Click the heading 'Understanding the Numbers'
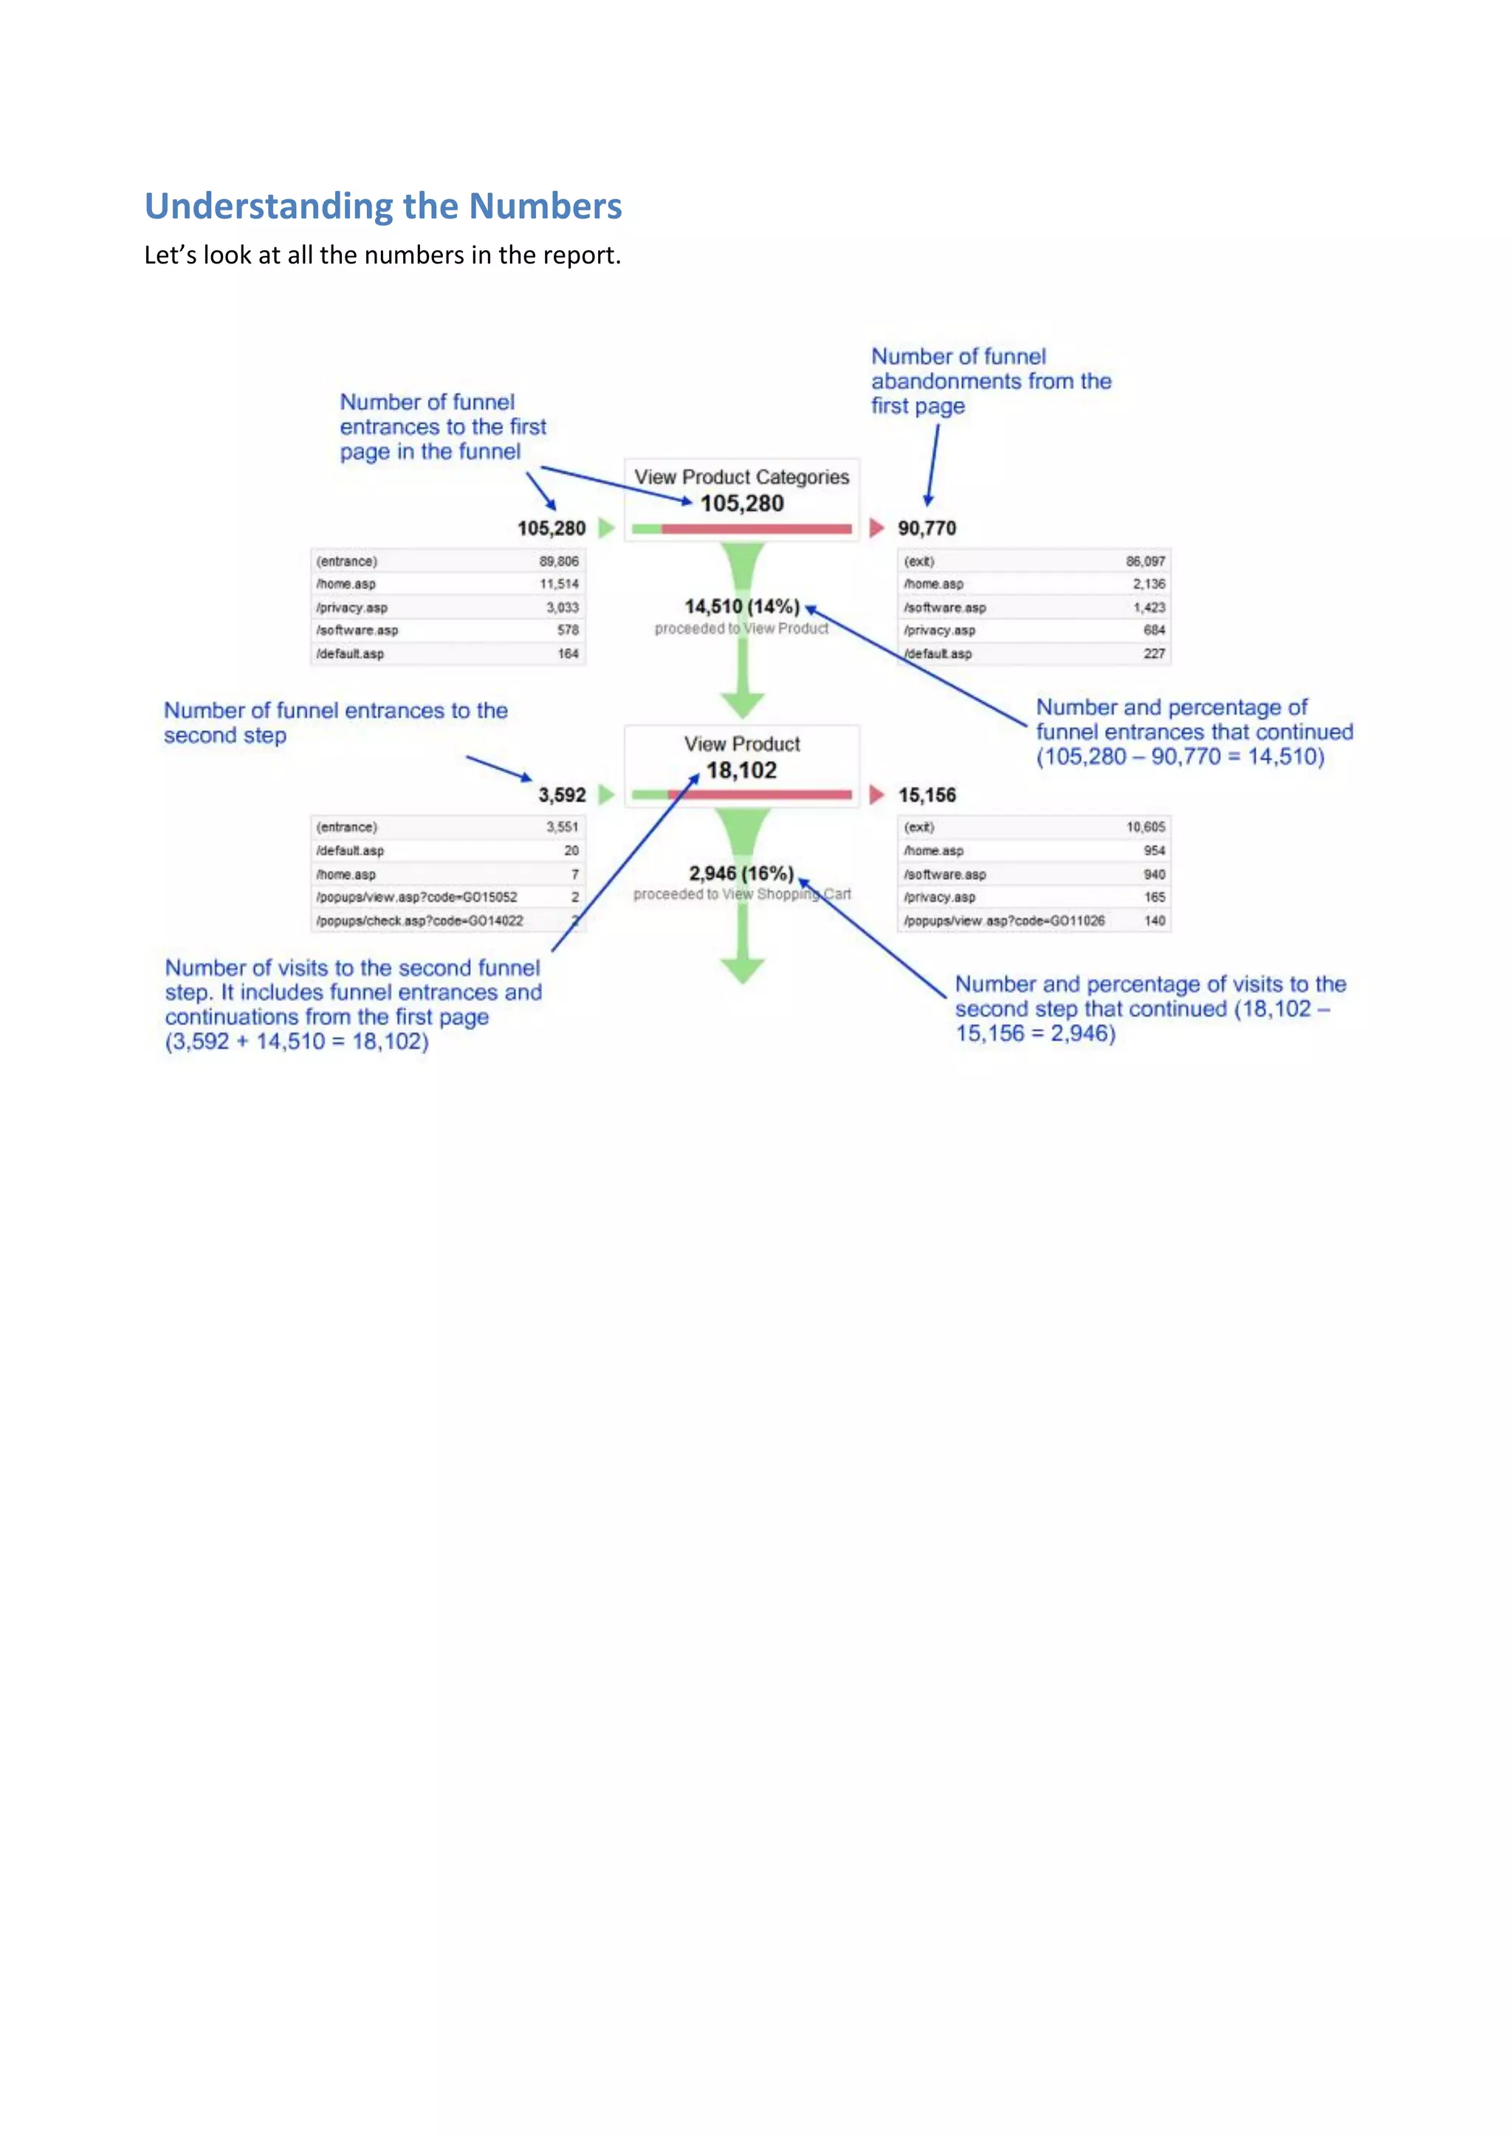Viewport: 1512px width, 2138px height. [x=382, y=206]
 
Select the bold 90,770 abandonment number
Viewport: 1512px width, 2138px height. [x=927, y=528]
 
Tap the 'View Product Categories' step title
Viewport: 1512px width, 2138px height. [x=741, y=477]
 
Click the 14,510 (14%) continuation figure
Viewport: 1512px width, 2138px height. [x=742, y=606]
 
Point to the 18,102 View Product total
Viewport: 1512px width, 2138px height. [x=741, y=770]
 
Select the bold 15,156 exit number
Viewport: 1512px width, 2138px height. [x=927, y=794]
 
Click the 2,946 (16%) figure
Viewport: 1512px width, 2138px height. [x=741, y=873]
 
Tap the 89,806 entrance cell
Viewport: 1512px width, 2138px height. [x=559, y=560]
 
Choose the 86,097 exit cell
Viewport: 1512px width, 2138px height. [x=1145, y=560]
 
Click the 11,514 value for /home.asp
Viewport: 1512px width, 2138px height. [x=559, y=584]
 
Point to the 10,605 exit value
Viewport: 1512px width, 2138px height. [x=1145, y=827]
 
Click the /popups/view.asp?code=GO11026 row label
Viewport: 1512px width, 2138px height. [x=1003, y=920]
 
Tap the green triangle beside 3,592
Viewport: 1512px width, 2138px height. [x=606, y=794]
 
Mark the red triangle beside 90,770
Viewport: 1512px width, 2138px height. [x=876, y=528]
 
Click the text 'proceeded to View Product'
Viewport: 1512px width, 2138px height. [x=741, y=628]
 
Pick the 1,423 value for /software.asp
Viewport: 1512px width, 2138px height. [x=1149, y=607]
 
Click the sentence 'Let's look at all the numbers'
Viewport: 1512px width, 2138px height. [x=382, y=255]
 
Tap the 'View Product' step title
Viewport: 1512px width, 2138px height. [x=741, y=743]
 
